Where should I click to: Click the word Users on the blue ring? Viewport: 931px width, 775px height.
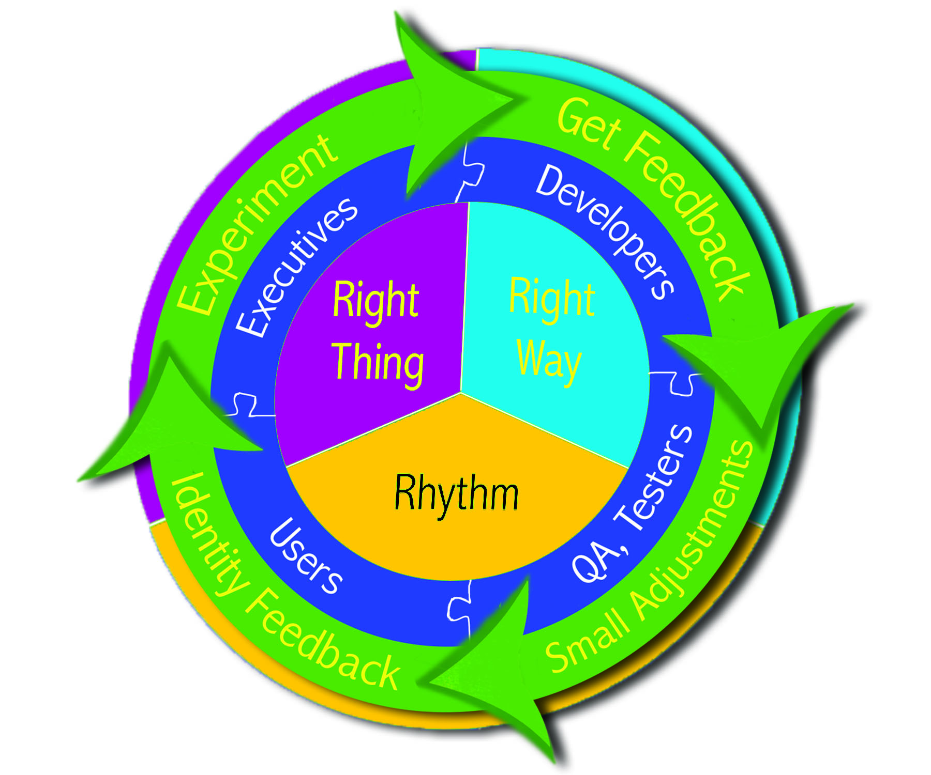pyautogui.click(x=306, y=555)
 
